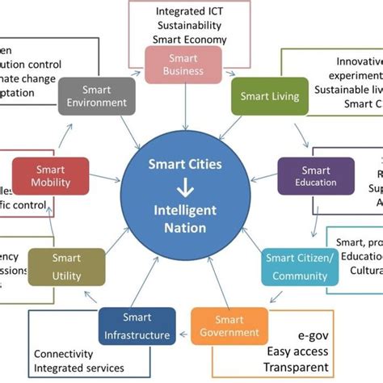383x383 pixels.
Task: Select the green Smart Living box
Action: click(270, 95)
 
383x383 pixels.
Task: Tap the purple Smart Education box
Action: click(316, 176)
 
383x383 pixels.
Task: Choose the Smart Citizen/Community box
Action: click(300, 267)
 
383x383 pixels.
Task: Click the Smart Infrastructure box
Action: click(137, 326)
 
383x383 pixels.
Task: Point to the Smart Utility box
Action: click(66, 267)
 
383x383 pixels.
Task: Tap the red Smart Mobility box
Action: click(50, 177)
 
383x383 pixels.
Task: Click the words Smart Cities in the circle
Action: click(185, 164)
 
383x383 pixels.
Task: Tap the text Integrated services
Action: click(79, 368)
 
